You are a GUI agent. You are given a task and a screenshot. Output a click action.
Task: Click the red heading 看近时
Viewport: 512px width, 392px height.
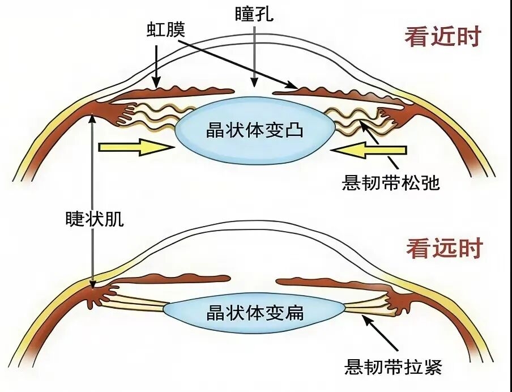(x=443, y=37)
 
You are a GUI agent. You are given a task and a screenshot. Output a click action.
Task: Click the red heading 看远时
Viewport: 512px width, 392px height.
(x=445, y=248)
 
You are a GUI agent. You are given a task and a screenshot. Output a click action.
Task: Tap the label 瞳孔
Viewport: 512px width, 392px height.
(x=254, y=14)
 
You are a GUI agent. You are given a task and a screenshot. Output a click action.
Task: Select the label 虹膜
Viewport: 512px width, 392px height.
(x=166, y=30)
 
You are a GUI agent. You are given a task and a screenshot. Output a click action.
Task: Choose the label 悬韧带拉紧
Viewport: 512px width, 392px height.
(x=393, y=367)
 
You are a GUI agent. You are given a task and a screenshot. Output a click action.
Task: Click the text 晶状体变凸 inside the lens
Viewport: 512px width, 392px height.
(x=255, y=130)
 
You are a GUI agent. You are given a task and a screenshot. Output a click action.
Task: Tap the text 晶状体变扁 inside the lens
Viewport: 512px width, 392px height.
(x=255, y=313)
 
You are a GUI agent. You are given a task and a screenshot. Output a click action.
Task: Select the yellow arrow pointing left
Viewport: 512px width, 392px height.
(x=369, y=150)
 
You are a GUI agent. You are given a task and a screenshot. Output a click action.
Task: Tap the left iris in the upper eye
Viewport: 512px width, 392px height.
(x=172, y=93)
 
